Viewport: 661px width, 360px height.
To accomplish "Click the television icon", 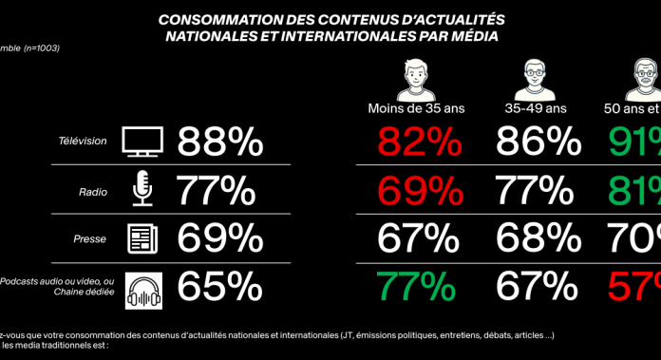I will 143,142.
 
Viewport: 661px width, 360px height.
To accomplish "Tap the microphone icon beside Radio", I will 142,190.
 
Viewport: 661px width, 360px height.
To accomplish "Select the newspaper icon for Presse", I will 142,239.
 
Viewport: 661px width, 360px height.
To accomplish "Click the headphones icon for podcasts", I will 143,289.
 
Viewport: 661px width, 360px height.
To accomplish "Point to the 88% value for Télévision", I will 220,142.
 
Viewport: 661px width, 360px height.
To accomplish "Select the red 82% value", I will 420,142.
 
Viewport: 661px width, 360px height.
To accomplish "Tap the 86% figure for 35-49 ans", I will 538,142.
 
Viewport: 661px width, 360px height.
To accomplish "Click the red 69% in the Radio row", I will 420,190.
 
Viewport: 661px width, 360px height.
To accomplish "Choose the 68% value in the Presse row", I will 538,239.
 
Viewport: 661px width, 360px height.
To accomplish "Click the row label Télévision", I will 83,142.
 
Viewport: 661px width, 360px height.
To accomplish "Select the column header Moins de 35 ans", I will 414,107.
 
